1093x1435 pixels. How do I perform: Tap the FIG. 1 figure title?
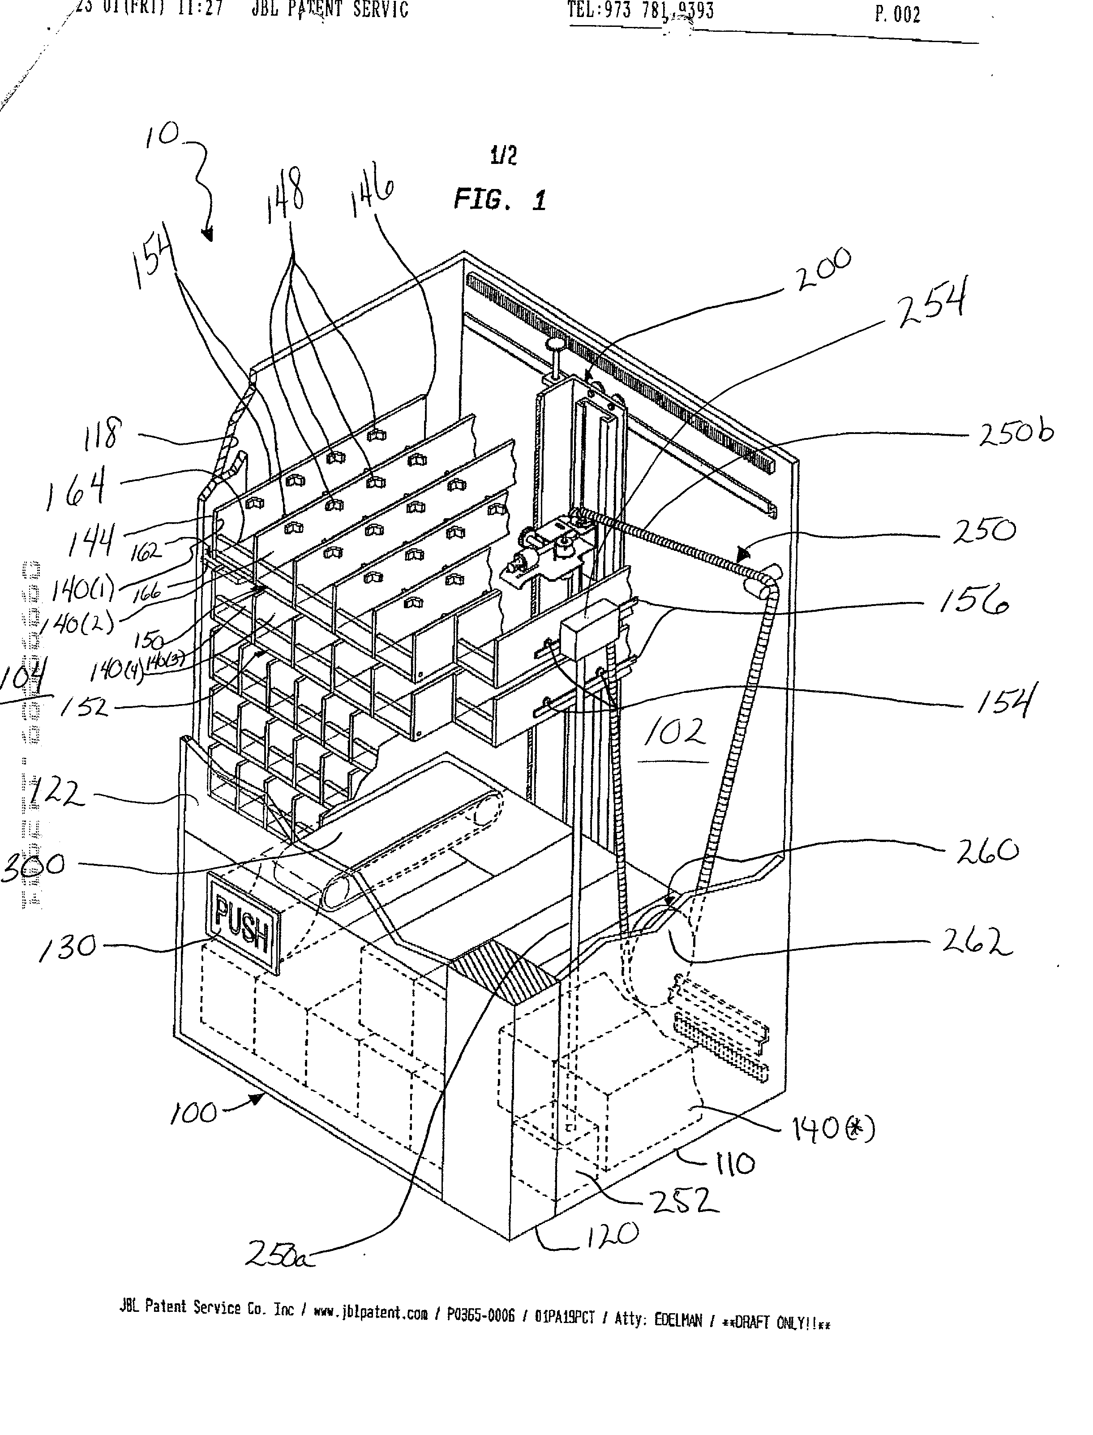click(500, 199)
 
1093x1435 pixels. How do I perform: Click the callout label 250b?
click(1016, 434)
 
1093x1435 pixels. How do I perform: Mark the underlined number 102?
click(675, 734)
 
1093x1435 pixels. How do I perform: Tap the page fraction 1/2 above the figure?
click(504, 156)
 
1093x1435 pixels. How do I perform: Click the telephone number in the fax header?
click(641, 11)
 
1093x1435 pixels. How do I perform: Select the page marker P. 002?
click(898, 14)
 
